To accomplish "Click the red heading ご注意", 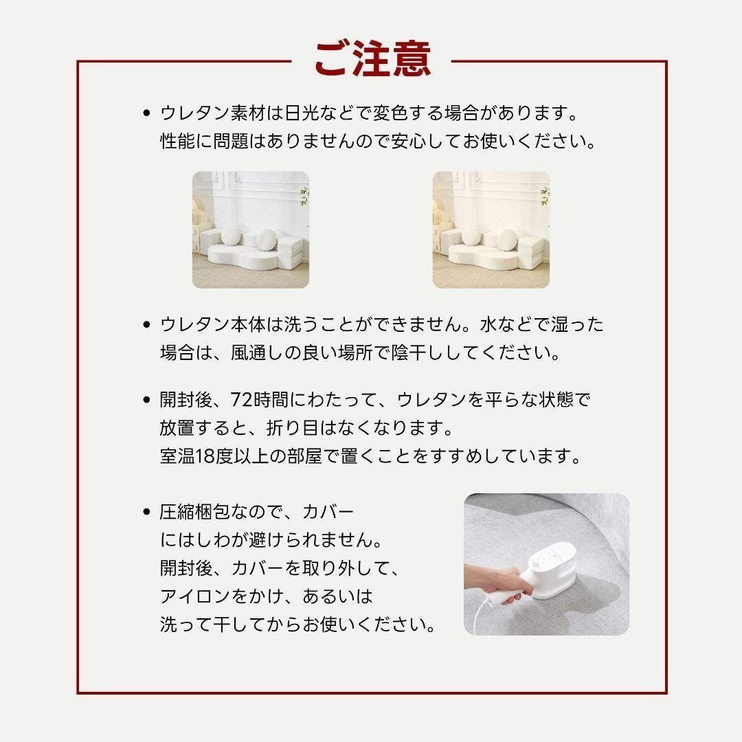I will click(x=372, y=59).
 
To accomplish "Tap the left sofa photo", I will click(x=250, y=229).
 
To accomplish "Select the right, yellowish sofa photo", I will click(x=491, y=229).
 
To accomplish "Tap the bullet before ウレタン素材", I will click(x=146, y=112).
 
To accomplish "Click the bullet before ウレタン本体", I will click(x=146, y=325).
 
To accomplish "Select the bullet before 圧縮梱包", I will click(x=146, y=513).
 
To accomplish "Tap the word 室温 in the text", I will click(x=175, y=458).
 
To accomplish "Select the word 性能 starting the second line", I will click(x=175, y=142).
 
